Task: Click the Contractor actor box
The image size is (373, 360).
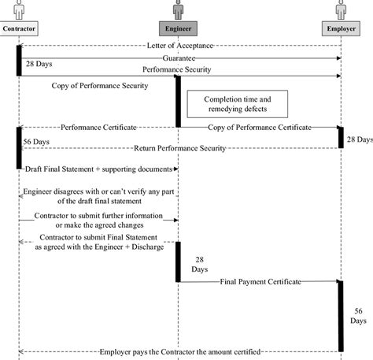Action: click(19, 28)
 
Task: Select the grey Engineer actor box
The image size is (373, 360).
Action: click(178, 28)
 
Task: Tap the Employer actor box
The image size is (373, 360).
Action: click(341, 28)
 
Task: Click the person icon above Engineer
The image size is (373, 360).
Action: click(178, 10)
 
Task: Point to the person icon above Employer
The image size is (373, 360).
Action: click(341, 10)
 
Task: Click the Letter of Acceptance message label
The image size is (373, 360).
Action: click(180, 46)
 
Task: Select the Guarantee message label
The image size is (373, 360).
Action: click(179, 58)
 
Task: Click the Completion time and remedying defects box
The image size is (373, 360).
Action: click(238, 104)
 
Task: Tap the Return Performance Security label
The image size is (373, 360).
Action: click(179, 148)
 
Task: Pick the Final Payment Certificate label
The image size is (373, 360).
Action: click(260, 282)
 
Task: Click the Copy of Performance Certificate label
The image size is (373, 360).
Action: click(260, 128)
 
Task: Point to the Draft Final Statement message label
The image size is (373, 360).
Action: click(98, 169)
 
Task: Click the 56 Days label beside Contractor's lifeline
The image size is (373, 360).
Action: click(36, 142)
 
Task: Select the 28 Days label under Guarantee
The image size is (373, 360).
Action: click(39, 64)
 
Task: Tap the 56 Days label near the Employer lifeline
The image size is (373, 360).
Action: click(358, 316)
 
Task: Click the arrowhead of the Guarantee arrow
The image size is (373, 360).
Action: click(339, 58)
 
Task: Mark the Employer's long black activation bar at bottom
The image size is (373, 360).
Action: click(341, 317)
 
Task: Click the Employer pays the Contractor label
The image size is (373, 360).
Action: click(180, 352)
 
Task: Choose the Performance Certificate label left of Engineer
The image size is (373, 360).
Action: click(98, 128)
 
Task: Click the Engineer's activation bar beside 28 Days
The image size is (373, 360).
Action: click(178, 262)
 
